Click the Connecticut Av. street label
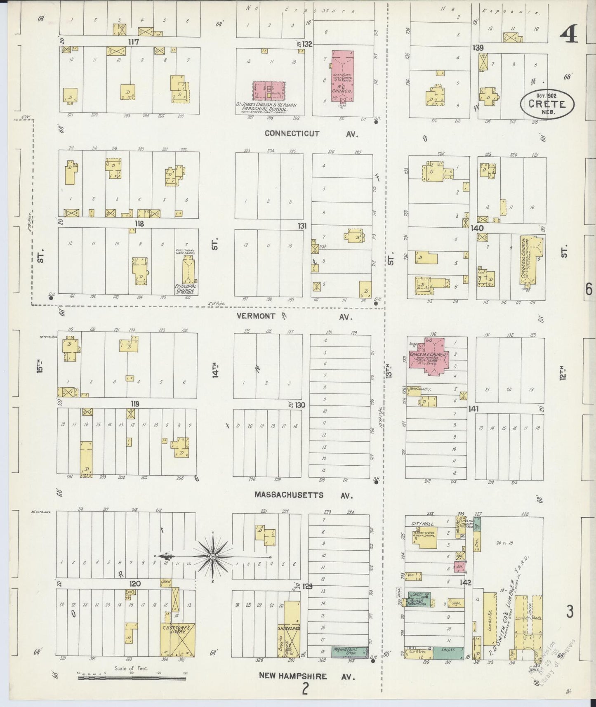click(x=311, y=134)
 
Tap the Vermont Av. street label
click(x=294, y=316)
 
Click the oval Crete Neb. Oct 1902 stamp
click(x=547, y=104)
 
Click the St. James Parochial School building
click(x=269, y=91)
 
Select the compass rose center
click(x=212, y=557)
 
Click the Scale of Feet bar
click(x=132, y=677)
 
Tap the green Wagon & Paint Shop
click(x=349, y=652)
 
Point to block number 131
click(x=303, y=226)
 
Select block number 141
click(x=473, y=409)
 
